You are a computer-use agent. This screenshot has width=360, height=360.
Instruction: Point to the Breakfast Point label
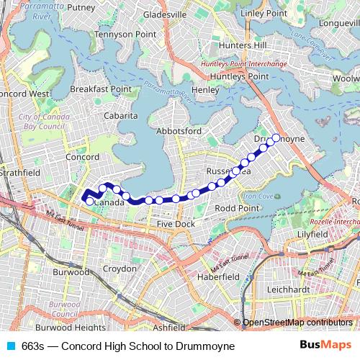[x=101, y=89]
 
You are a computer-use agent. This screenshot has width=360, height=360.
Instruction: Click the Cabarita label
[x=120, y=115]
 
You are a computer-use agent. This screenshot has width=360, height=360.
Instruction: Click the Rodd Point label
[x=237, y=208]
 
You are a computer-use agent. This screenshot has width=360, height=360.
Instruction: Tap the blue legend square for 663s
[x=9, y=346]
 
